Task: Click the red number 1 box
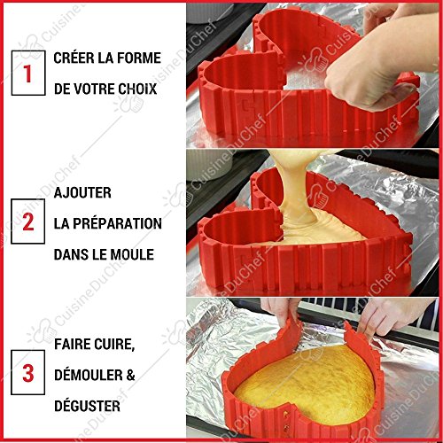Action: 28,73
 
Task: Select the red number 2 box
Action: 28,221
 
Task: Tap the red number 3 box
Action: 28,372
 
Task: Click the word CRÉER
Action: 74,58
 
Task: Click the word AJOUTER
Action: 82,193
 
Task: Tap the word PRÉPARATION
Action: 117,223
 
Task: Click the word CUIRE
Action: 114,345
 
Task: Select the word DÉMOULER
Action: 89,375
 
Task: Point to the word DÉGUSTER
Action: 87,406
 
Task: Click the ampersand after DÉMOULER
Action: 130,375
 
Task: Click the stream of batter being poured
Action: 292,192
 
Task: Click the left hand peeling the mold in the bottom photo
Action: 282,312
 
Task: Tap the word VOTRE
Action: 90,89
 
